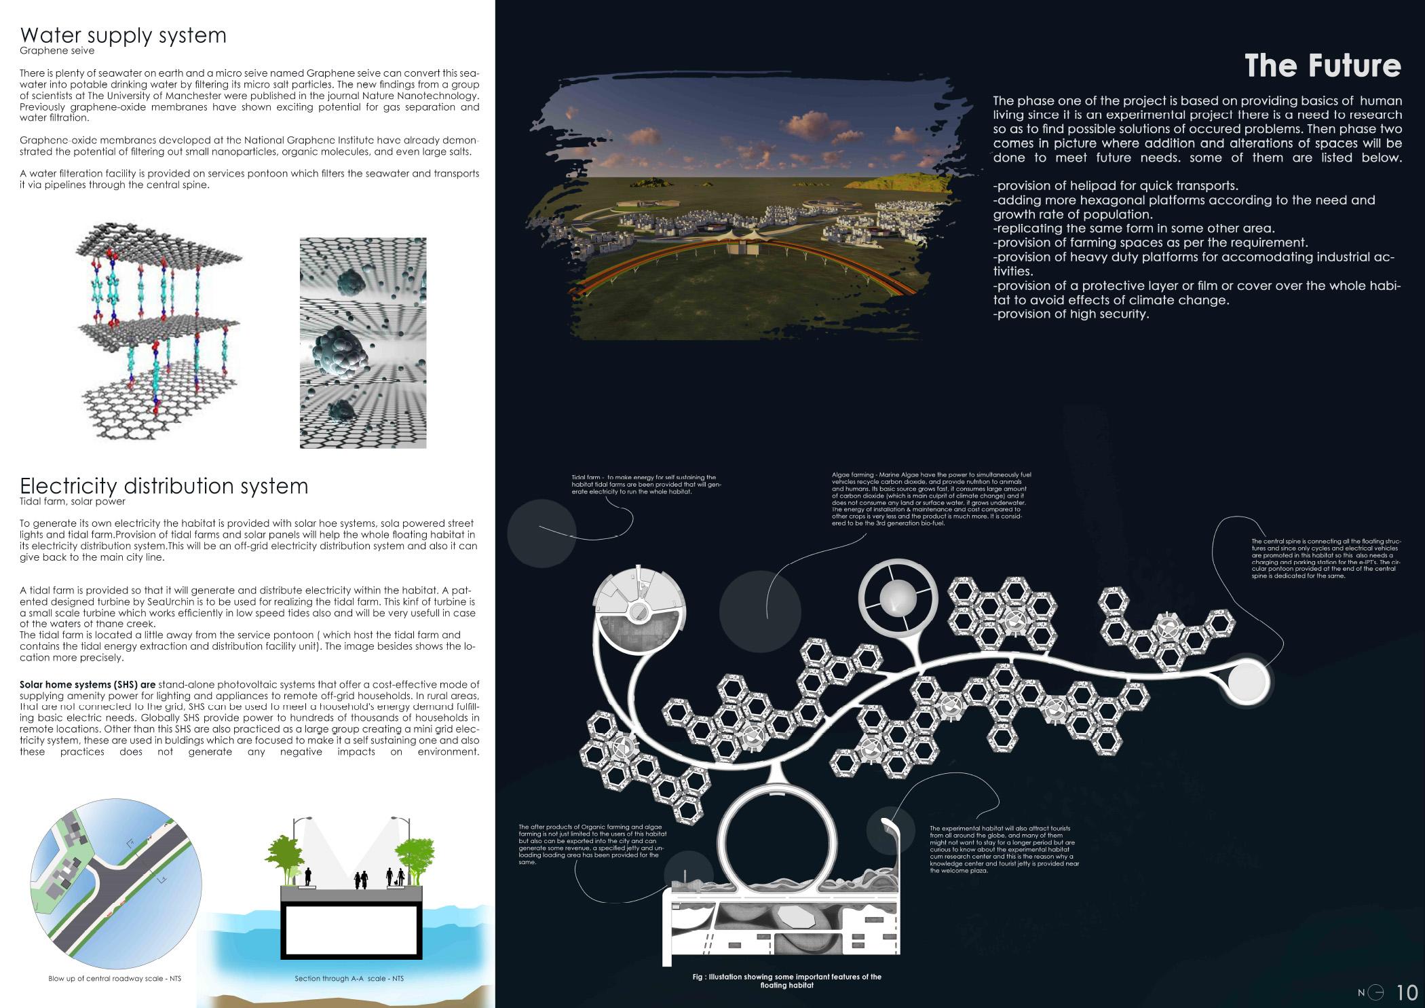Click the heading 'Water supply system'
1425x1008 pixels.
pos(123,35)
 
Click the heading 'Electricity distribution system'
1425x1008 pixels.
pos(164,486)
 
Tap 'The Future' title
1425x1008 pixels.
pos(1322,66)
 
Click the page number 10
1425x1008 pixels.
pos(1407,992)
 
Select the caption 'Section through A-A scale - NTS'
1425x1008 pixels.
pos(349,978)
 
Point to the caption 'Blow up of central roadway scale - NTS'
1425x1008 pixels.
pos(115,978)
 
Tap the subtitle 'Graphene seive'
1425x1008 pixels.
pos(57,51)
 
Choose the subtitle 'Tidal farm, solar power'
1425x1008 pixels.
pos(73,502)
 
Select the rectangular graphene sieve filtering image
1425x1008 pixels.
pos(363,343)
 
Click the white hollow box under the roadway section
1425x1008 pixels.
pos(349,931)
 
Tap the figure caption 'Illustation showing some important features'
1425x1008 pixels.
pos(786,980)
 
